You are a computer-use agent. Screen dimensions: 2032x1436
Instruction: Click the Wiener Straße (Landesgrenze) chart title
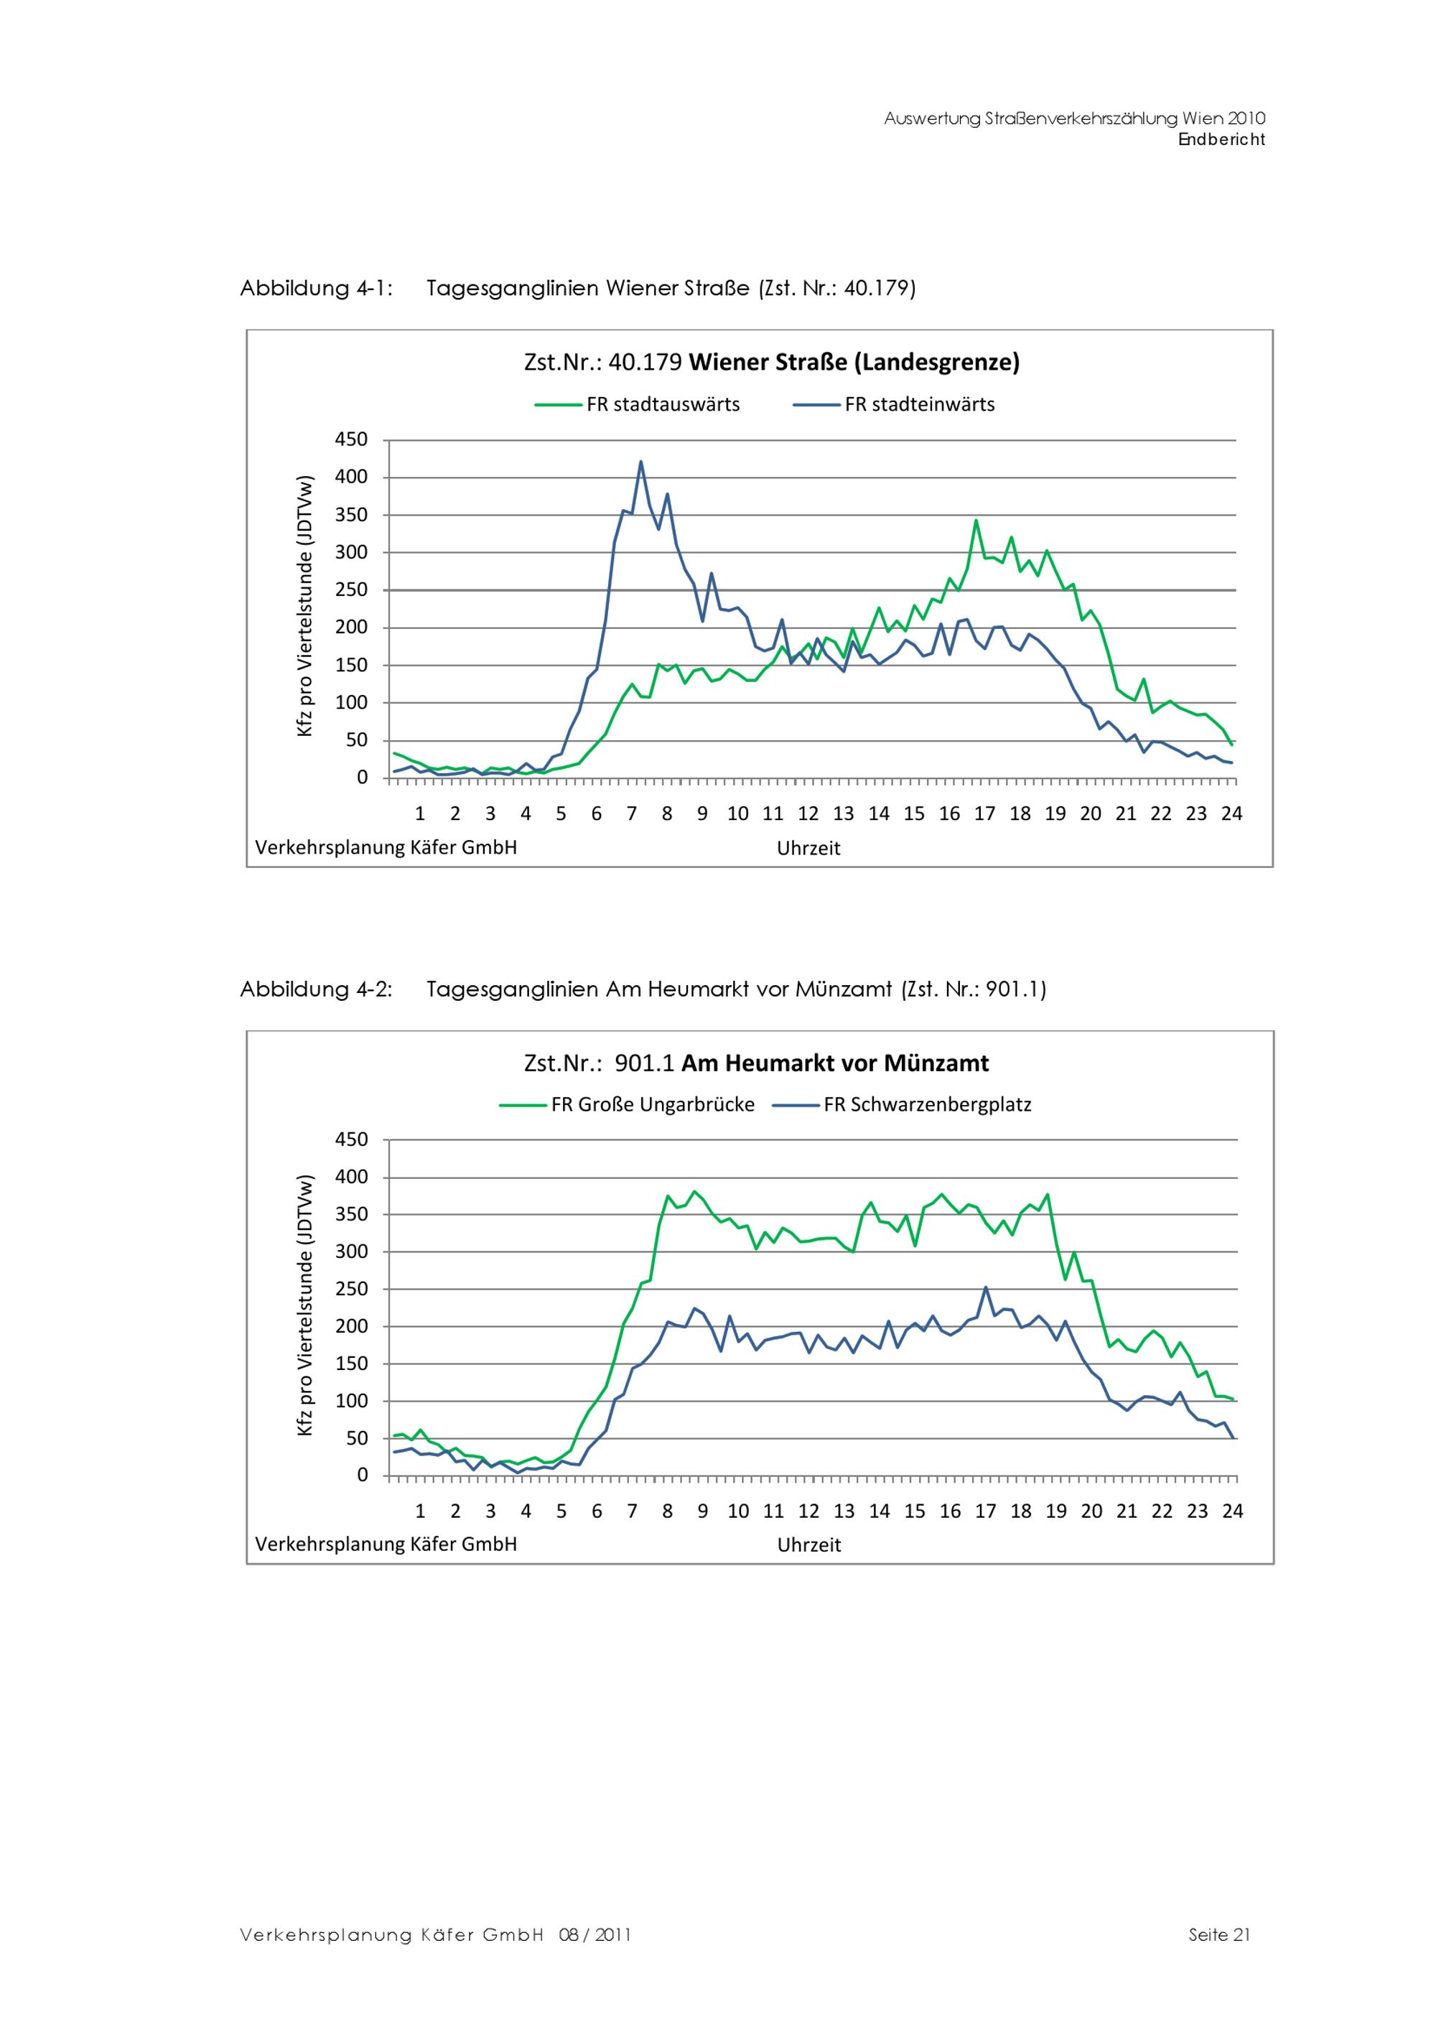(x=772, y=362)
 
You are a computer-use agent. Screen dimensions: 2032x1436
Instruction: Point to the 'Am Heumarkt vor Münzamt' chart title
(x=757, y=1063)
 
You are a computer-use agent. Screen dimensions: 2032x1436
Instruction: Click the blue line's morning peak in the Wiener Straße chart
(x=640, y=462)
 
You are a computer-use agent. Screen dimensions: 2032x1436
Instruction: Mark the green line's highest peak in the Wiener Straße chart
(x=976, y=521)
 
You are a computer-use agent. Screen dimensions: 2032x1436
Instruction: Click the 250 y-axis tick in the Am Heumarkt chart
(x=351, y=1289)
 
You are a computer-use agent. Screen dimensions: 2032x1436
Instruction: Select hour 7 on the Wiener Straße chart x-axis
(x=632, y=814)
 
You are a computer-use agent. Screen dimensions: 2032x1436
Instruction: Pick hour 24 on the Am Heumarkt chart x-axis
(x=1233, y=1511)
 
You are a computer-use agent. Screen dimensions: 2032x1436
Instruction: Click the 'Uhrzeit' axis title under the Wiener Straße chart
(x=808, y=849)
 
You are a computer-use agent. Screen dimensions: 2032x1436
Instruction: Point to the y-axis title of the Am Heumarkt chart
(x=305, y=1305)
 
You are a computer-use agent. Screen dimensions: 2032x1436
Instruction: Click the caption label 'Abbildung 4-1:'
(x=316, y=289)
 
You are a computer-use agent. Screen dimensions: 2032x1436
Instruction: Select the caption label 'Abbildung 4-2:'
(x=316, y=989)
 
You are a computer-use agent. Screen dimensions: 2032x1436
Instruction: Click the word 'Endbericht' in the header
(x=1221, y=140)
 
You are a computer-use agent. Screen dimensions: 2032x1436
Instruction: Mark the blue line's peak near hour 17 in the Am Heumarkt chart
(x=986, y=1287)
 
